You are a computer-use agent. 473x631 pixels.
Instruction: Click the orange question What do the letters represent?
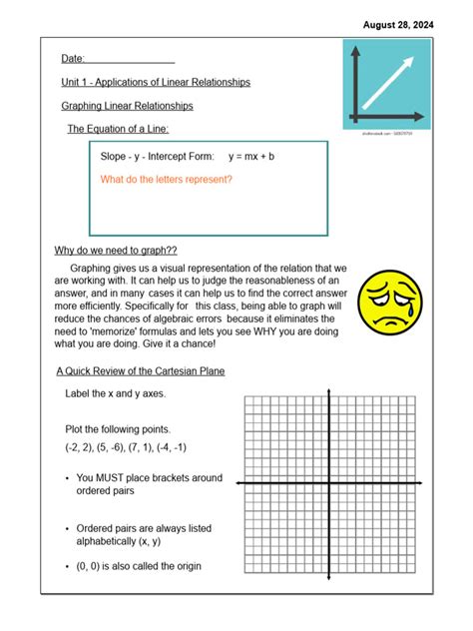(x=167, y=180)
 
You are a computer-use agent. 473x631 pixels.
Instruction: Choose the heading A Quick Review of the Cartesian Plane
(x=140, y=371)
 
